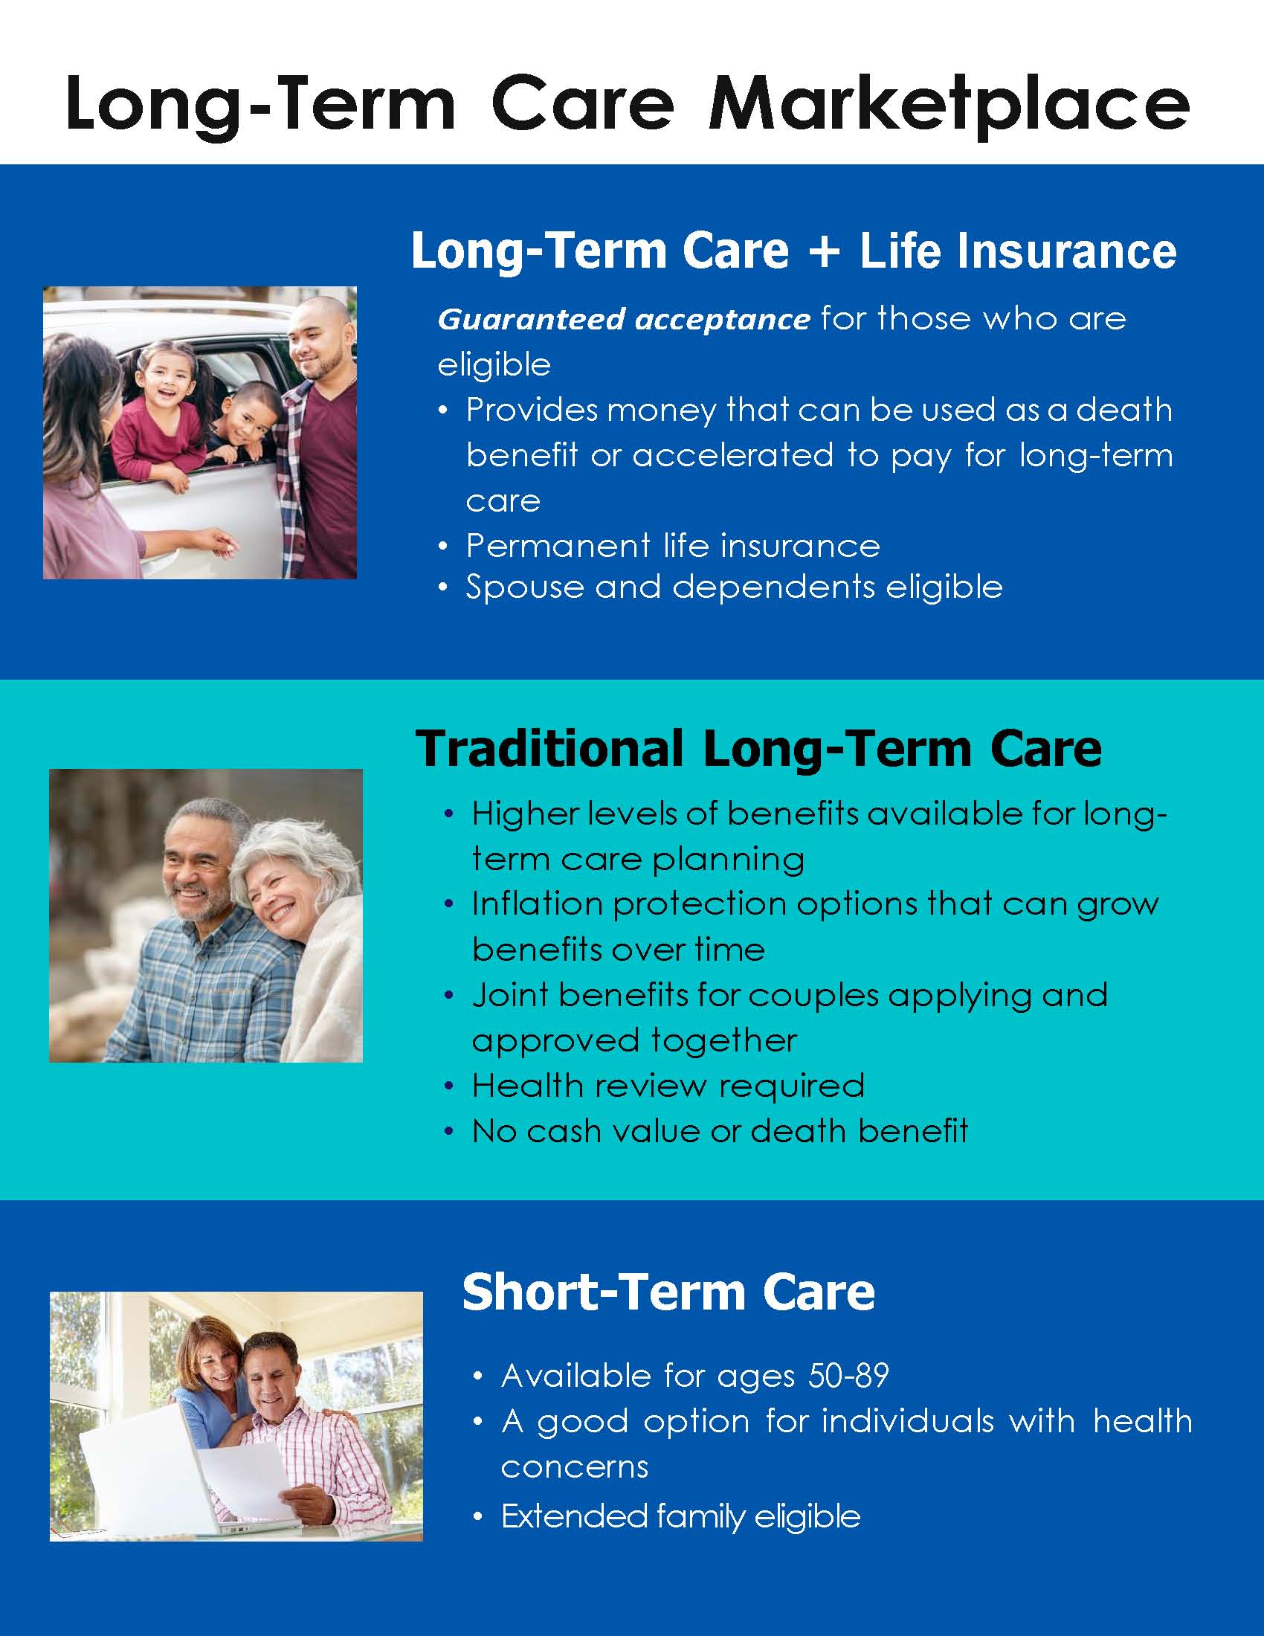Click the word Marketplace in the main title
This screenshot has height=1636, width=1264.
tap(949, 105)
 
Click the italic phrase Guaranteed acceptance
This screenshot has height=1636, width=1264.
tap(624, 320)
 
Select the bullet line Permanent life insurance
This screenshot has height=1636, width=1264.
tap(672, 545)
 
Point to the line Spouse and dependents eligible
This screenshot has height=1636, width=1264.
tap(734, 587)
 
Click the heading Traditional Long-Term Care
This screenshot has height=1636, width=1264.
tap(758, 748)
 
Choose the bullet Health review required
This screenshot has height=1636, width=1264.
tap(668, 1086)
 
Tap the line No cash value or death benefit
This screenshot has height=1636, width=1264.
tap(720, 1131)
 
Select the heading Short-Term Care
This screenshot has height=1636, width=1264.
tap(668, 1292)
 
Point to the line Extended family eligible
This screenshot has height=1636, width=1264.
tap(680, 1516)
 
